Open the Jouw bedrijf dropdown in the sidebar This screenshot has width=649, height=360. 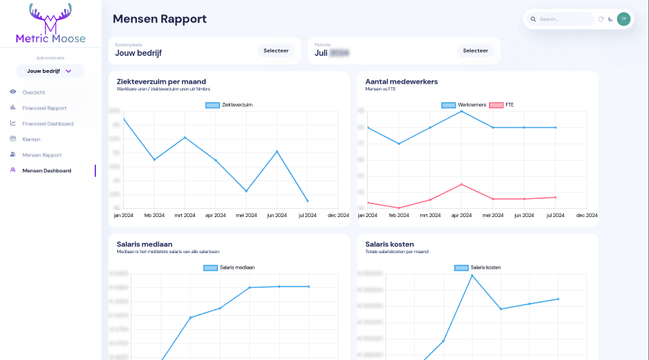tap(50, 71)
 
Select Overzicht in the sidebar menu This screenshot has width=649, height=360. tap(33, 92)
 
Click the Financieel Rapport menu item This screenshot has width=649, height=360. tap(44, 108)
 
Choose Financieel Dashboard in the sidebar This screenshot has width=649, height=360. tap(47, 124)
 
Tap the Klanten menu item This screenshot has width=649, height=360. tap(31, 139)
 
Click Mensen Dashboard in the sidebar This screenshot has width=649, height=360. tap(46, 171)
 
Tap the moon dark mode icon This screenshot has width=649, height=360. tap(610, 19)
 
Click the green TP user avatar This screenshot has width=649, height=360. tap(623, 19)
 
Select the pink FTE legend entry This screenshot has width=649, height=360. tap(503, 105)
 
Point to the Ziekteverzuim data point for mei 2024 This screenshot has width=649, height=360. tap(246, 191)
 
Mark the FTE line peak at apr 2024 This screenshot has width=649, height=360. tap(462, 184)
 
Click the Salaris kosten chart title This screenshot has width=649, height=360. tap(390, 244)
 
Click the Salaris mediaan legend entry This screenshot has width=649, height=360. tap(229, 267)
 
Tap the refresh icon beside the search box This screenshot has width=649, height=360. tap(601, 19)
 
